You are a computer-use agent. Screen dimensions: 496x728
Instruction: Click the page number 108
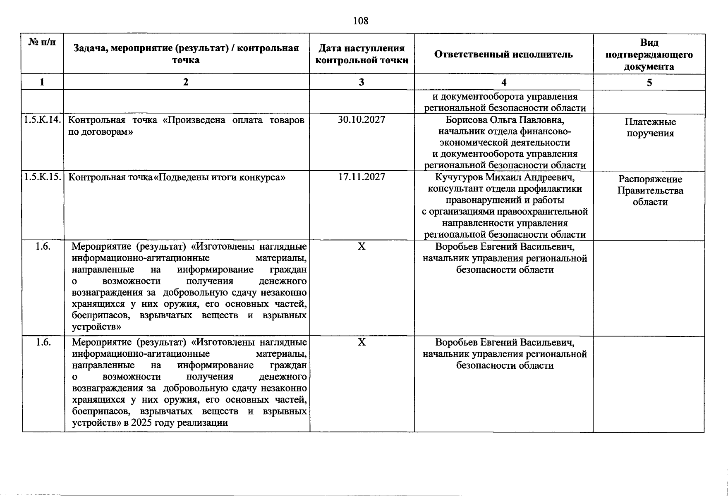click(361, 21)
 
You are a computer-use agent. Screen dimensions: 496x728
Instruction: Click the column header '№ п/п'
click(42, 42)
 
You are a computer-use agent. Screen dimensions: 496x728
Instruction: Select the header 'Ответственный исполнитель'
click(503, 54)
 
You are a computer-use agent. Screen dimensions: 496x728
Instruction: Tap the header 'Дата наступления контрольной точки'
click(362, 54)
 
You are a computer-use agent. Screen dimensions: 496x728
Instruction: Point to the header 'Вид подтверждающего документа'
click(649, 54)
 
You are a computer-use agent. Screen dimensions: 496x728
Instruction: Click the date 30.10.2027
click(362, 120)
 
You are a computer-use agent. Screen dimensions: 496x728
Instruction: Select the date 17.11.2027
click(362, 177)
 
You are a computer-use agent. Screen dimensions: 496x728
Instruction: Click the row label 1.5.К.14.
click(43, 120)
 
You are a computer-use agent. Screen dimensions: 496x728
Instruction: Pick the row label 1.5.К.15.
click(43, 177)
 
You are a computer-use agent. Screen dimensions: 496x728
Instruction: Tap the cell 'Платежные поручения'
click(650, 127)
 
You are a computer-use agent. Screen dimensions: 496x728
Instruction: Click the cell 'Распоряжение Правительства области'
click(650, 191)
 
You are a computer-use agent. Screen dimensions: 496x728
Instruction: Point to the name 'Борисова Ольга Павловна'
click(505, 120)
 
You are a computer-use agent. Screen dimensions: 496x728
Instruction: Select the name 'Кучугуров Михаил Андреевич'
click(505, 177)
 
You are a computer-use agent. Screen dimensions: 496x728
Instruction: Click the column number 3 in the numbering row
click(362, 82)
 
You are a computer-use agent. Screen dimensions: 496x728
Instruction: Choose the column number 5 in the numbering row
click(649, 82)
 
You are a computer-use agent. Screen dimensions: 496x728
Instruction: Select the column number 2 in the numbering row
click(186, 82)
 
